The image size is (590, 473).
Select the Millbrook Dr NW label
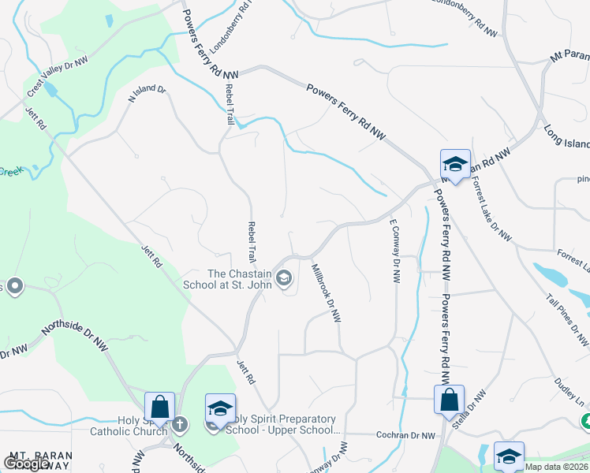[326, 290]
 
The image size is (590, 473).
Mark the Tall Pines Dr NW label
[567, 320]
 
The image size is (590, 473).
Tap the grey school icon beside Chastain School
[285, 278]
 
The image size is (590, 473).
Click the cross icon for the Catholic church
[179, 426]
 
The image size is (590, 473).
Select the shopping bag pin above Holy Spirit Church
[159, 406]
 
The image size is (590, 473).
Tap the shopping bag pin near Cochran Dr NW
[449, 399]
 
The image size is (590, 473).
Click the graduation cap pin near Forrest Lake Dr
[455, 164]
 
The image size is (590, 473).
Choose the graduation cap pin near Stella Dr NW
[509, 456]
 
